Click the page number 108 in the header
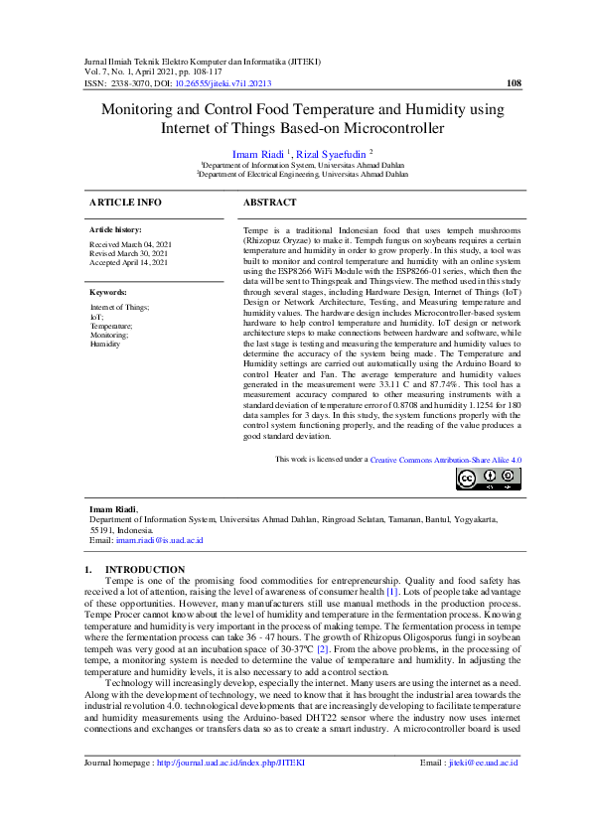coord(513,84)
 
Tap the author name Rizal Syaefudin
coord(333,154)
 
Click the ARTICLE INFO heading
coord(125,202)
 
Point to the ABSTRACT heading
coord(270,202)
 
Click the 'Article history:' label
coord(116,229)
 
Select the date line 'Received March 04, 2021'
coord(130,244)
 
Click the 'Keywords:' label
coord(108,293)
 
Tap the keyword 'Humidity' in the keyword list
coord(104,344)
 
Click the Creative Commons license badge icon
coord(488,480)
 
